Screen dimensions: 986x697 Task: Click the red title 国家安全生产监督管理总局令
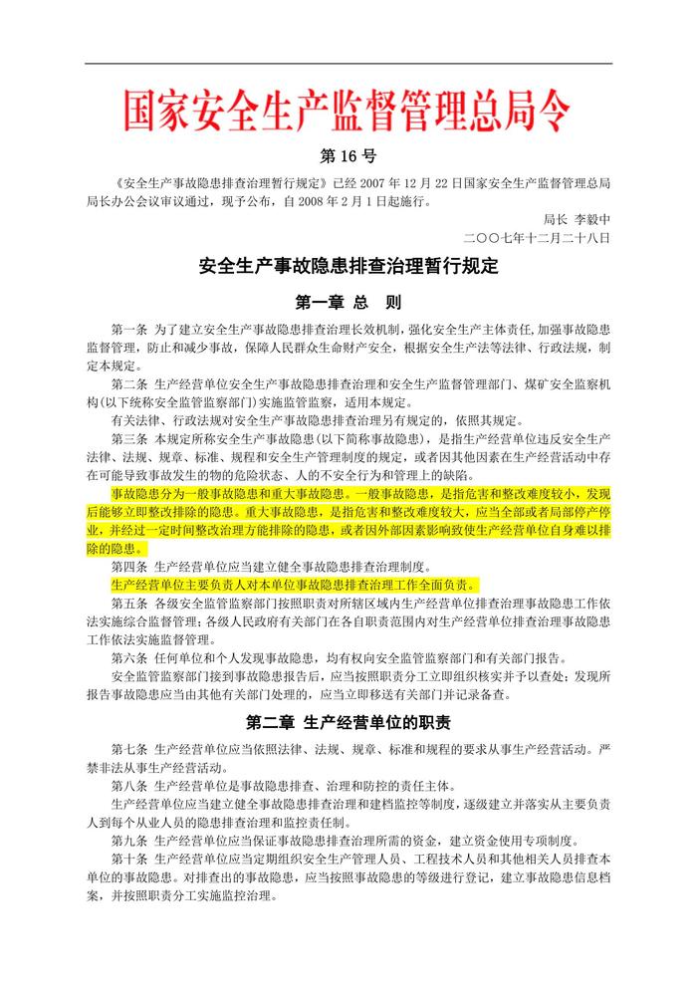(x=348, y=111)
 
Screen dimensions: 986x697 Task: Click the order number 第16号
(x=348, y=157)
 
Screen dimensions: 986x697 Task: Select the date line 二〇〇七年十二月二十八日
(x=537, y=238)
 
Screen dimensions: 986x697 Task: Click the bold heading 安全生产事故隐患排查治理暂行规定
(x=348, y=267)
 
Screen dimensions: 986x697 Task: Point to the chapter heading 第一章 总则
(x=348, y=300)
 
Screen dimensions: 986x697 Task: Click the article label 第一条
(x=129, y=329)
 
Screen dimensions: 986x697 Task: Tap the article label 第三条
(x=129, y=439)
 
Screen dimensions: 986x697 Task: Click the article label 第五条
(x=129, y=603)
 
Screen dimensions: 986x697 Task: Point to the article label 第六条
(x=129, y=657)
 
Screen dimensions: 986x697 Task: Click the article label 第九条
(x=129, y=841)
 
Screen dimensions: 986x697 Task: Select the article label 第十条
(x=129, y=859)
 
